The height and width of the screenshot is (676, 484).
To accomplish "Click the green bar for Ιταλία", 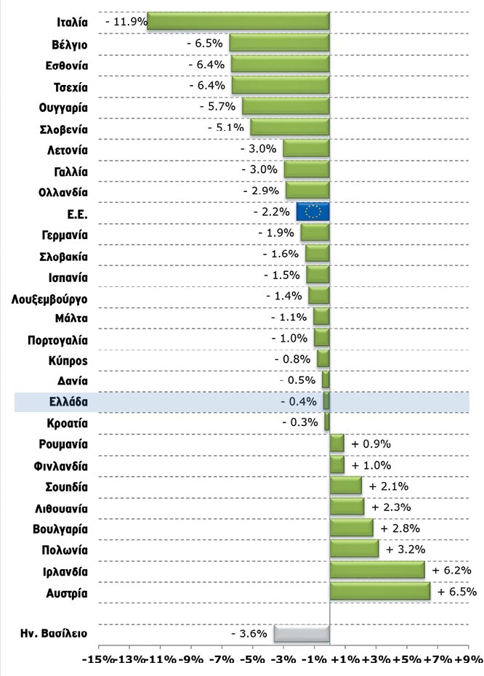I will click(x=238, y=22).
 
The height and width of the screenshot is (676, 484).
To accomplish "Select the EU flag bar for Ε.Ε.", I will click(x=313, y=212).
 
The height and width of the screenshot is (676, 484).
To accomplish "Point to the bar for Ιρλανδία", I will click(x=377, y=571).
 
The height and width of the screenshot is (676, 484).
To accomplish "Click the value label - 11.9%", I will click(x=126, y=22).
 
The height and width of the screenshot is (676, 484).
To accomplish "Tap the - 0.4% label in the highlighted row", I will click(x=299, y=401).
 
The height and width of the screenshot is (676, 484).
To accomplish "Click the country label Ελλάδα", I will click(x=69, y=401).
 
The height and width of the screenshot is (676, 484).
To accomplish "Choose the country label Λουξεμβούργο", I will click(x=50, y=297).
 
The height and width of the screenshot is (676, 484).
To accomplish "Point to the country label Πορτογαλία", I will click(x=58, y=339).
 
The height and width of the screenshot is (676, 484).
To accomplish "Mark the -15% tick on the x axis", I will click(x=97, y=659).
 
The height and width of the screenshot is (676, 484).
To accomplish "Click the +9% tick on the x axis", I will click(x=468, y=659).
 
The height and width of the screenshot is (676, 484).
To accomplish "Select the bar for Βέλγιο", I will click(x=280, y=43).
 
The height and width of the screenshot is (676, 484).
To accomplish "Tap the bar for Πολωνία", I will click(x=354, y=550).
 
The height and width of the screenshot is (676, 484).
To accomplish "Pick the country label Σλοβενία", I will click(x=64, y=130).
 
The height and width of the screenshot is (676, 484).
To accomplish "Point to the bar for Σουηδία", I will click(x=346, y=486).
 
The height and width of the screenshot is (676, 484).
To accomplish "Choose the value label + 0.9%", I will click(x=371, y=443).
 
